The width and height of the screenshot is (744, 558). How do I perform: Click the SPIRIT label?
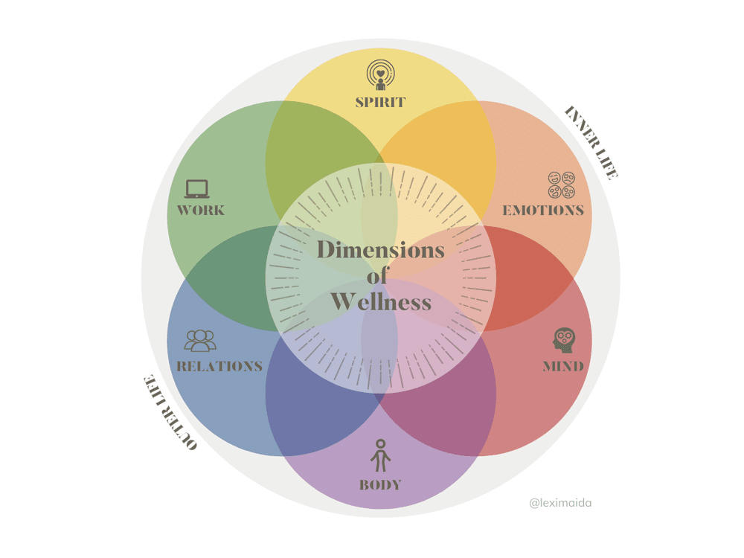380,102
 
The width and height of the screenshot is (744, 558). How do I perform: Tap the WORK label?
201,210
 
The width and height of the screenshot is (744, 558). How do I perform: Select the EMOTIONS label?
543,210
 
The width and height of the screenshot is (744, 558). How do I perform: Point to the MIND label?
563,366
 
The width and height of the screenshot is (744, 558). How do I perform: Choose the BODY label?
380,485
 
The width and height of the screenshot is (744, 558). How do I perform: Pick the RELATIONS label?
219,366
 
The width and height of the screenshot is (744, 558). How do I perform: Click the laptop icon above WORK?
197,188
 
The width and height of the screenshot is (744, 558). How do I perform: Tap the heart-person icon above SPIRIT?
380,75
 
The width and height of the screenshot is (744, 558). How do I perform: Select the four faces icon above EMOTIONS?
562,185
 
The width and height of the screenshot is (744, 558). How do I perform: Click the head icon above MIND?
564,340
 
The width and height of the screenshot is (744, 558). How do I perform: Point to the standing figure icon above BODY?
380,455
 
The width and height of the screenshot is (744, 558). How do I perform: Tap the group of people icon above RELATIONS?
200,341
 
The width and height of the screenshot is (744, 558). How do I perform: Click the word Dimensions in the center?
380,249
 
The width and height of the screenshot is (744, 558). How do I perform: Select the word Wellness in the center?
381,302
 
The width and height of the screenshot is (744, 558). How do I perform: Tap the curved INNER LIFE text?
591,142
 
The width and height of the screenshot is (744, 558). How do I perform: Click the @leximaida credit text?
560,503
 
